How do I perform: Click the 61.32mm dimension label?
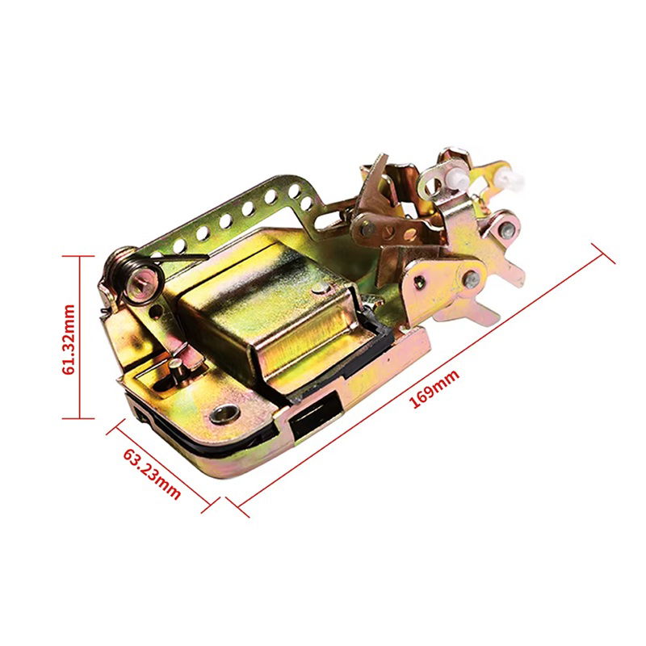(69, 339)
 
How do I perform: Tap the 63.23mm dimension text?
(152, 474)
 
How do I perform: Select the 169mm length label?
(434, 389)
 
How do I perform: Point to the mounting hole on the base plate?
(224, 413)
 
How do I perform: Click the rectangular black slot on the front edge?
(314, 417)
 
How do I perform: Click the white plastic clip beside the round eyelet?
(458, 179)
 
